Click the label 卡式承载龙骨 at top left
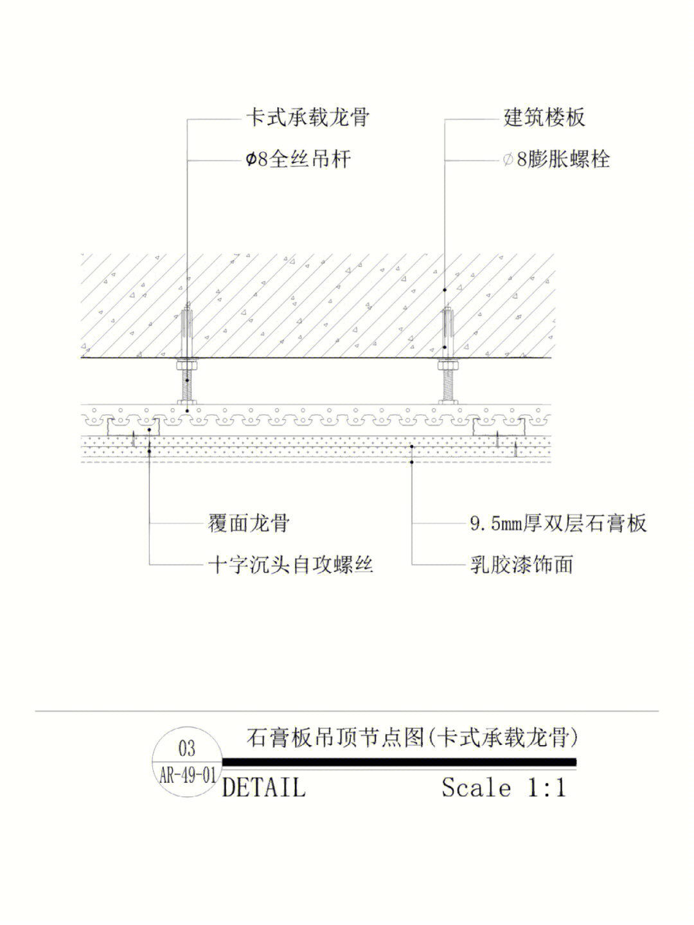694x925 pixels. [x=307, y=118]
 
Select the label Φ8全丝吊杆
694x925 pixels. [x=298, y=159]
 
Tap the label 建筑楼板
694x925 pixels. [x=544, y=118]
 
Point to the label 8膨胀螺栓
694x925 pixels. [x=563, y=159]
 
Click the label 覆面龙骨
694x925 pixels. [x=249, y=523]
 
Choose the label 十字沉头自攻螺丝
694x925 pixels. [x=290, y=564]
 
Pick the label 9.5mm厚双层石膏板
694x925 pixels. [x=558, y=523]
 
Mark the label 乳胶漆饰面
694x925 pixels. [x=521, y=564]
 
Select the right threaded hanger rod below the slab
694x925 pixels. [x=448, y=385]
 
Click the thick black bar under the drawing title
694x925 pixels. [x=399, y=762]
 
